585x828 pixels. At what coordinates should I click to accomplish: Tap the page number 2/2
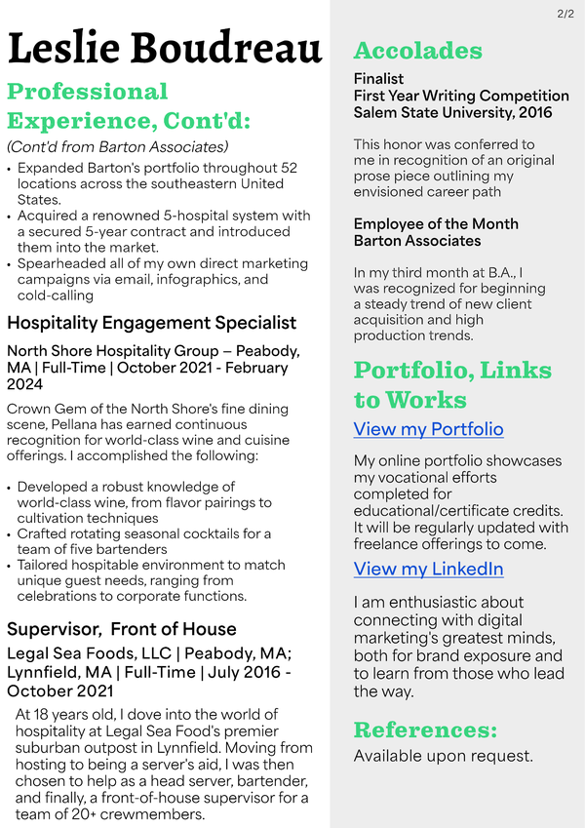coord(565,14)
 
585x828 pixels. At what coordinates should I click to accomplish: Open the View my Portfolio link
coord(428,429)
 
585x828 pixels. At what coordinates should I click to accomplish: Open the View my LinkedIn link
coord(428,569)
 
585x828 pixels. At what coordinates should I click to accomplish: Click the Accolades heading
coord(417,51)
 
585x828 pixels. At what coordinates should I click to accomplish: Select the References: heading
coord(425,729)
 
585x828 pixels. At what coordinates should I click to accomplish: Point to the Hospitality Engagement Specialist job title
coord(151,322)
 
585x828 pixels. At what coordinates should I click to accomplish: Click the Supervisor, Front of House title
coord(122,628)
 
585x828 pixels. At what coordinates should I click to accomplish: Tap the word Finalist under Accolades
coord(378,78)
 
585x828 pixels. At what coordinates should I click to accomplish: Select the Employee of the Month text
coord(436,223)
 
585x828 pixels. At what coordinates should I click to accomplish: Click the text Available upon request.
coord(443,756)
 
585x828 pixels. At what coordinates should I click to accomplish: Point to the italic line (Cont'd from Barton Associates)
coord(117,146)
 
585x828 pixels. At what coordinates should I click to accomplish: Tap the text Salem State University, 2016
coord(452,113)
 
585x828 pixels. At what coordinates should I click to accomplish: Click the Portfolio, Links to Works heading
coord(452,384)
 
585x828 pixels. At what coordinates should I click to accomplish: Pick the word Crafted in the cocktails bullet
coord(44,533)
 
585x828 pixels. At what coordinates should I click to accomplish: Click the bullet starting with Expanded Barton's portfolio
coord(156,182)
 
